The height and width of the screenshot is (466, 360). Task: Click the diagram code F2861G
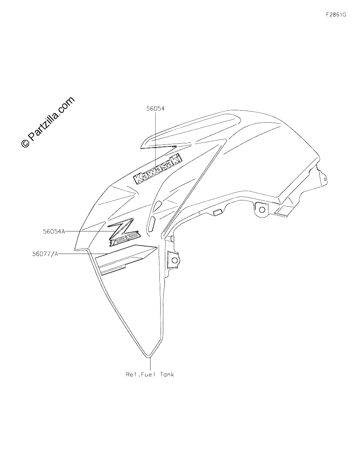coord(336,15)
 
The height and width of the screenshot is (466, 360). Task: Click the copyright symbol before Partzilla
coord(25,143)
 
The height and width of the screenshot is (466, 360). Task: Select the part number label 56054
coord(155,109)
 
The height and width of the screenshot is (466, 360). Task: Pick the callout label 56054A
coord(54,231)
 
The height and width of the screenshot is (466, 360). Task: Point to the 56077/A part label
coord(45,254)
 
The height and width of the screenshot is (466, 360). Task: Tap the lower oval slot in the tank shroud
coord(152,223)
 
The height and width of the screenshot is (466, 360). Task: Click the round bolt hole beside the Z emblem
coord(175,260)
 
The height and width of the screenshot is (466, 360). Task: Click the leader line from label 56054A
coord(90,231)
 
